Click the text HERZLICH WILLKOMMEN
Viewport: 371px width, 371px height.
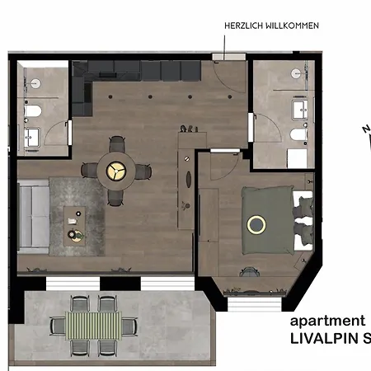click(271, 26)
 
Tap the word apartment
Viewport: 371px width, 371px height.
click(327, 321)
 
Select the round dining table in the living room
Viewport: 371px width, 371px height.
click(115, 171)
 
